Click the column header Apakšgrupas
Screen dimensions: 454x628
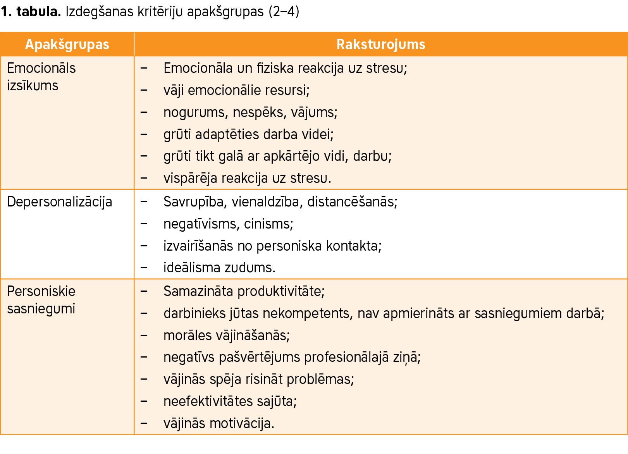coord(67,45)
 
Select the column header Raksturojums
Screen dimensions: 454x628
coord(380,45)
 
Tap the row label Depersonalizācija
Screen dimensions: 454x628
coord(60,202)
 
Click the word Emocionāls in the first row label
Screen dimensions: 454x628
coord(41,68)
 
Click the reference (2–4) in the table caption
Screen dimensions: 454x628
coord(284,12)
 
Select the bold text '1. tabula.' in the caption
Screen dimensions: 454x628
coord(31,12)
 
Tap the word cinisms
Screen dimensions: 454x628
coord(268,224)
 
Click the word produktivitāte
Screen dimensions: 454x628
coord(281,291)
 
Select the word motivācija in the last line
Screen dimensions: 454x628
coord(242,423)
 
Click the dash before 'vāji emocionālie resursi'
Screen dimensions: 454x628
coord(144,90)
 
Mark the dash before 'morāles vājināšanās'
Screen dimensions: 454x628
coord(144,335)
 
